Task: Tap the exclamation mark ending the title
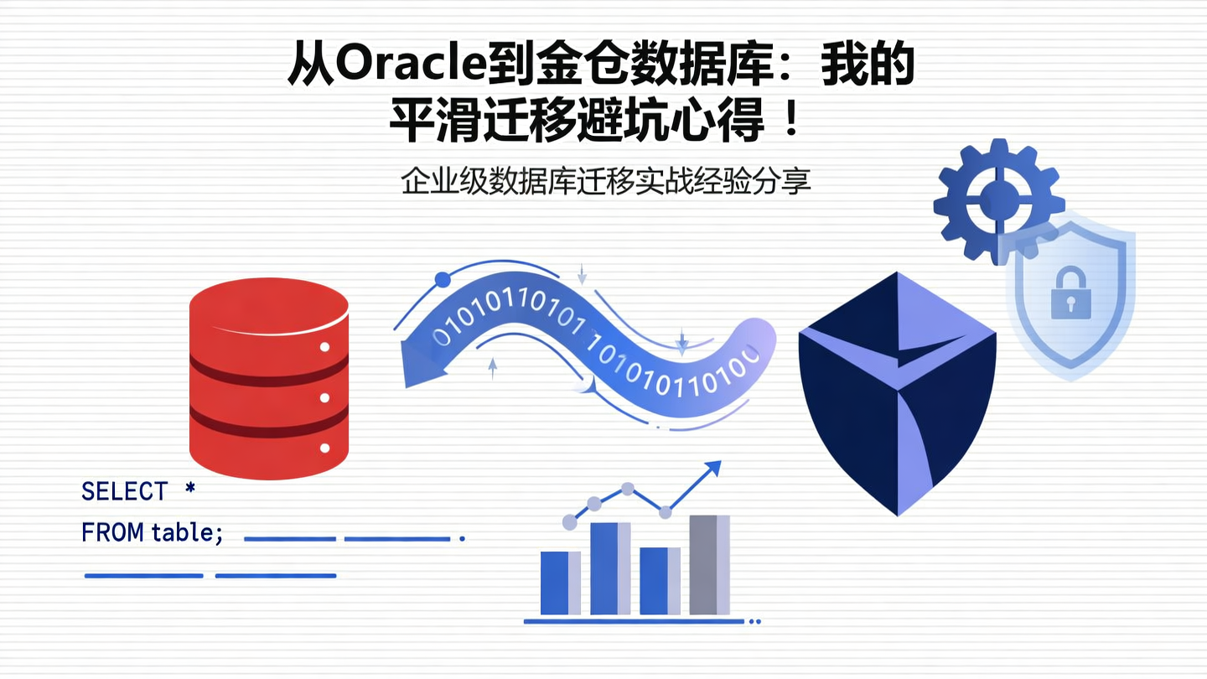pos(789,122)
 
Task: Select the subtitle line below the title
pos(606,182)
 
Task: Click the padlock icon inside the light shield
pos(1070,293)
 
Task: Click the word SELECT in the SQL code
pos(124,491)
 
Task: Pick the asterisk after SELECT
pos(190,489)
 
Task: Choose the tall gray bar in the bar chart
pos(709,564)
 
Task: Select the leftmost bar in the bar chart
pos(560,583)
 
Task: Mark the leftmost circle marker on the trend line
pos(570,522)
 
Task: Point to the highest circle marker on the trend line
pos(627,488)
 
